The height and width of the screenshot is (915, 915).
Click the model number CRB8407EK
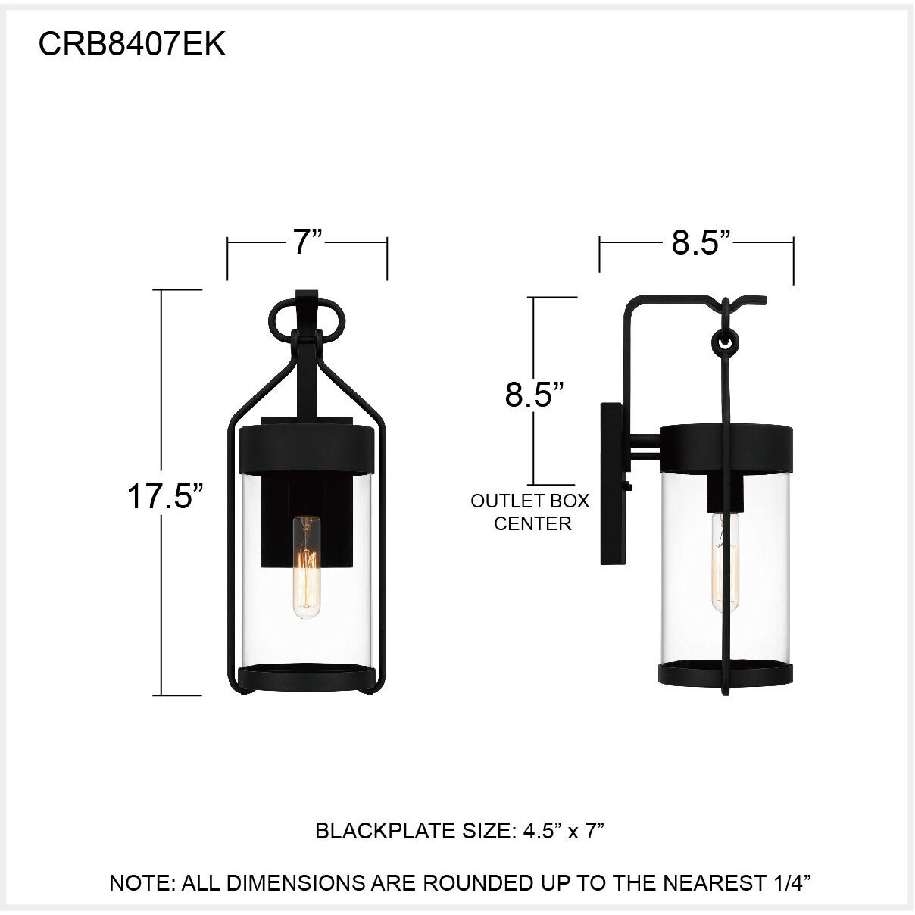click(x=132, y=45)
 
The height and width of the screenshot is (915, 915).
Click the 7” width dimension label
click(x=308, y=242)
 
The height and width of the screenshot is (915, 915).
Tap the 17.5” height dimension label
click(x=165, y=497)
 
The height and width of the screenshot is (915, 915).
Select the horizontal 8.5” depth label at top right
click(x=701, y=242)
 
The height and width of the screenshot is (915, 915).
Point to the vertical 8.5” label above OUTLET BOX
click(x=535, y=395)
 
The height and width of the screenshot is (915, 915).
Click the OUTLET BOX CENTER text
click(x=530, y=512)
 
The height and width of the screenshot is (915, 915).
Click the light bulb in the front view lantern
click(x=307, y=568)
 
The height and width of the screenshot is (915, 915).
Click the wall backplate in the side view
click(x=611, y=485)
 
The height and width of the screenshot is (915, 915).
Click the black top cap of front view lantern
click(x=307, y=451)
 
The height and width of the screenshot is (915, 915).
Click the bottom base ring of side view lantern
click(x=726, y=673)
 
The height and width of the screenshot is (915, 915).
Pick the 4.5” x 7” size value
click(x=564, y=831)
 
